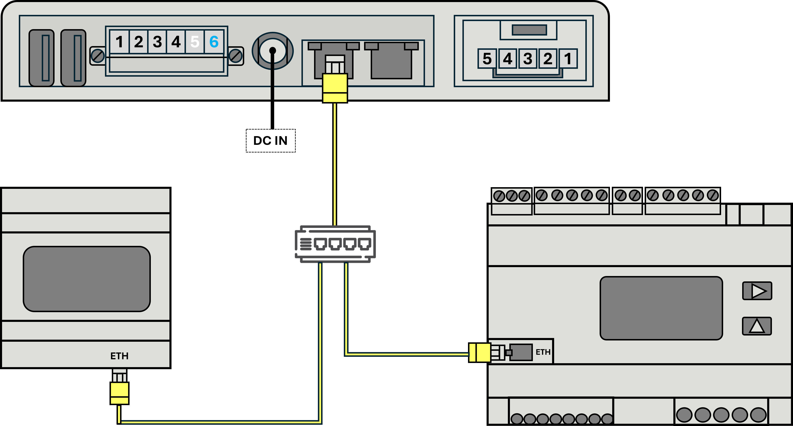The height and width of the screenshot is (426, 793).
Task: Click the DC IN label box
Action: [x=271, y=141]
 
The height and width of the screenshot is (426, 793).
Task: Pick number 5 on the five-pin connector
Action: [x=487, y=58]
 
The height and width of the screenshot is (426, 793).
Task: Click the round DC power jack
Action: [x=273, y=51]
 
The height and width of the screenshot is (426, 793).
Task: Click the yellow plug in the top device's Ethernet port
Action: [x=335, y=88]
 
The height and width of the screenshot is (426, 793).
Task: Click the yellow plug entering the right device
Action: [x=480, y=352]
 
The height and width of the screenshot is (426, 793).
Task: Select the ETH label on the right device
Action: [x=543, y=352]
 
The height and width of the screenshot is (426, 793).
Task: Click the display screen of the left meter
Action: [x=87, y=279]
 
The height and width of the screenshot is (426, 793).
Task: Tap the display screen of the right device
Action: [x=661, y=308]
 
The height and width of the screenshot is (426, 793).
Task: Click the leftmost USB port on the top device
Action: [x=42, y=58]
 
